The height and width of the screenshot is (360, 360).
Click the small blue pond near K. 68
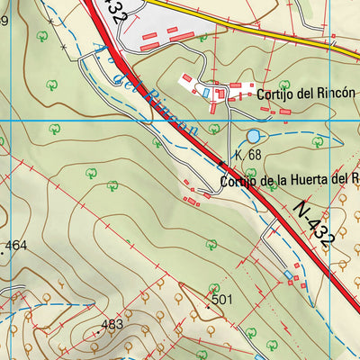[253, 136]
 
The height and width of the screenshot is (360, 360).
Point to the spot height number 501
[222, 299]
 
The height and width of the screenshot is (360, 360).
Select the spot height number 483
[112, 324]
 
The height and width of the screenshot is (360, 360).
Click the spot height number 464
[16, 245]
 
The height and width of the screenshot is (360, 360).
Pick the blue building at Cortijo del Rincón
[205, 92]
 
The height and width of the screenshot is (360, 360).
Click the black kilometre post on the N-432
[221, 164]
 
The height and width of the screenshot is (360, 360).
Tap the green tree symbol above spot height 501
[211, 243]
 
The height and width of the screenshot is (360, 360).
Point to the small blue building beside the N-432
[288, 274]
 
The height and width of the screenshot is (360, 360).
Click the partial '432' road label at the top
[116, 12]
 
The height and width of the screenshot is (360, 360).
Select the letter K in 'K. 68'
[238, 155]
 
